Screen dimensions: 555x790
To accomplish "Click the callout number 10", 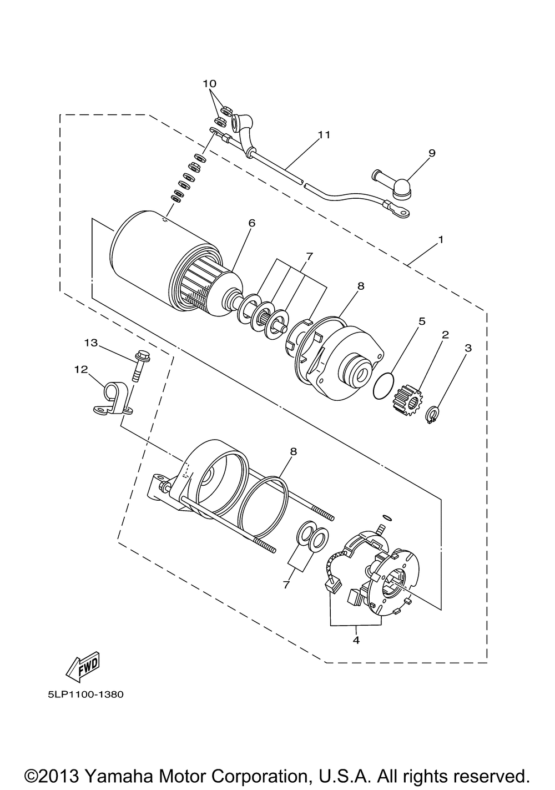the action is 209,84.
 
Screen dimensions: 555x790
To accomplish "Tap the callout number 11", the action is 324,135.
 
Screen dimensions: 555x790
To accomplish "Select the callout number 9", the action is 432,153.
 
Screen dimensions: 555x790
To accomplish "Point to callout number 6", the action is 251,223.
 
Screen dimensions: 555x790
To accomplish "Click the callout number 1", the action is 441,239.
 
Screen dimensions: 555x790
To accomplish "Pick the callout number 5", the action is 422,321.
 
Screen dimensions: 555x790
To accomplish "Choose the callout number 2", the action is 445,334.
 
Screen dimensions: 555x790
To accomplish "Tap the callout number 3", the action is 468,348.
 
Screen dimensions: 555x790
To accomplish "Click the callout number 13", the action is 90,343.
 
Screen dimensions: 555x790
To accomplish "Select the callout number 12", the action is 81,369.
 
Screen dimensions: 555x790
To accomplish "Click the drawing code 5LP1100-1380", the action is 86,695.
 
